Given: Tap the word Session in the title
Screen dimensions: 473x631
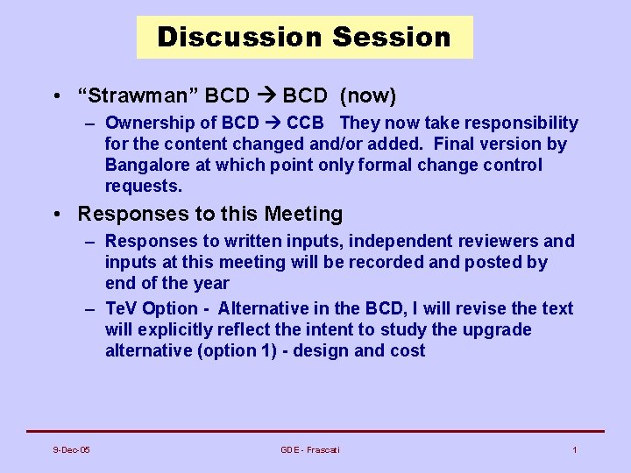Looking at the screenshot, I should click(x=392, y=37).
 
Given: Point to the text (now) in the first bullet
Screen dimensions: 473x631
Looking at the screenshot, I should click(x=367, y=95).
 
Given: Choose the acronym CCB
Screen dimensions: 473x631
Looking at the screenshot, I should click(x=305, y=123).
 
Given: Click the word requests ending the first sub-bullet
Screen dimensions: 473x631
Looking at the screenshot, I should click(x=143, y=186).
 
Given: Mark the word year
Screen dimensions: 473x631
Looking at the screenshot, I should click(x=211, y=283).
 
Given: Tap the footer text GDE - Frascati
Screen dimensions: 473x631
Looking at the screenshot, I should click(x=310, y=449).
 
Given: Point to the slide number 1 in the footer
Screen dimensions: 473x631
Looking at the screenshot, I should click(x=574, y=449).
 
